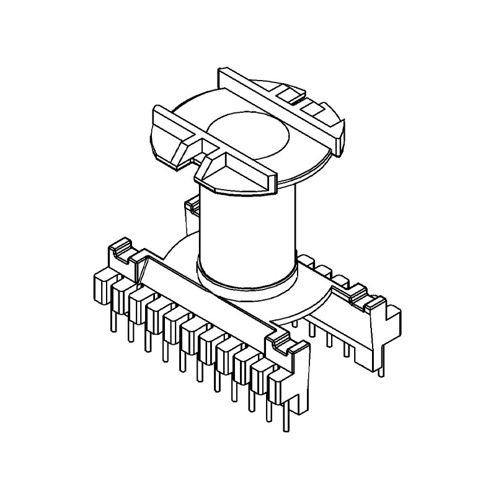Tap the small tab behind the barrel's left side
coord(192,214)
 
